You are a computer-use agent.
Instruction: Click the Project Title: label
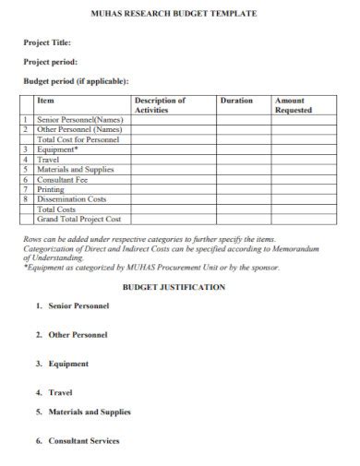(x=46, y=42)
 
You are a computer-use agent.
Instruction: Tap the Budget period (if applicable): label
(x=76, y=80)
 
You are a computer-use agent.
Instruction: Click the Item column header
(x=45, y=100)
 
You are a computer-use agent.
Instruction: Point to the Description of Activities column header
(x=160, y=104)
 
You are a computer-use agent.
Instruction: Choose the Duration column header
(x=236, y=100)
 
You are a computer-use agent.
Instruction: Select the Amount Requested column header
(x=294, y=104)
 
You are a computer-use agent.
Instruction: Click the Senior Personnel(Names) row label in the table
(x=79, y=120)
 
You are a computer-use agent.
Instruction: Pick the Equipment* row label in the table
(x=57, y=149)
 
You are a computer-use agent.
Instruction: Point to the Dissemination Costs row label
(x=71, y=199)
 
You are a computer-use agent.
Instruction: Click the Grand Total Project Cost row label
(x=78, y=220)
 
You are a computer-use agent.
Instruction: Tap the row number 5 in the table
(x=28, y=169)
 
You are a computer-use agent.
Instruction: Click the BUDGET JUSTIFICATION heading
(x=180, y=287)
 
